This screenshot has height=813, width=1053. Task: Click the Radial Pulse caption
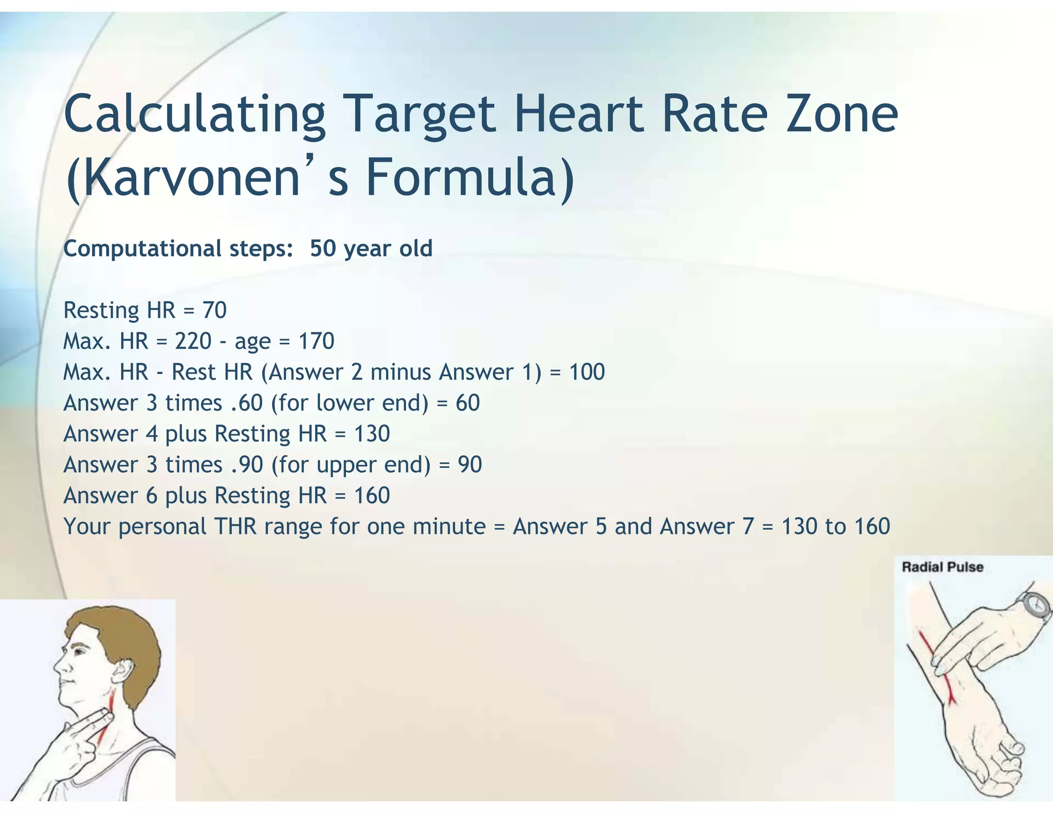point(942,567)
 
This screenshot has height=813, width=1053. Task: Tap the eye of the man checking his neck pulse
point(78,651)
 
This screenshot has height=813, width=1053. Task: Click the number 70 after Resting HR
point(214,310)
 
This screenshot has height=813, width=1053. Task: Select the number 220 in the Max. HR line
point(193,341)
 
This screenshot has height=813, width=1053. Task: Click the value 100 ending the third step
point(587,372)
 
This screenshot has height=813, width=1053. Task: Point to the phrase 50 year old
point(371,249)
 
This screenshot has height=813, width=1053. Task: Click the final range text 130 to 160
point(836,526)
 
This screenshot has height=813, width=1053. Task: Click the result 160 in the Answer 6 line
point(372,495)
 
